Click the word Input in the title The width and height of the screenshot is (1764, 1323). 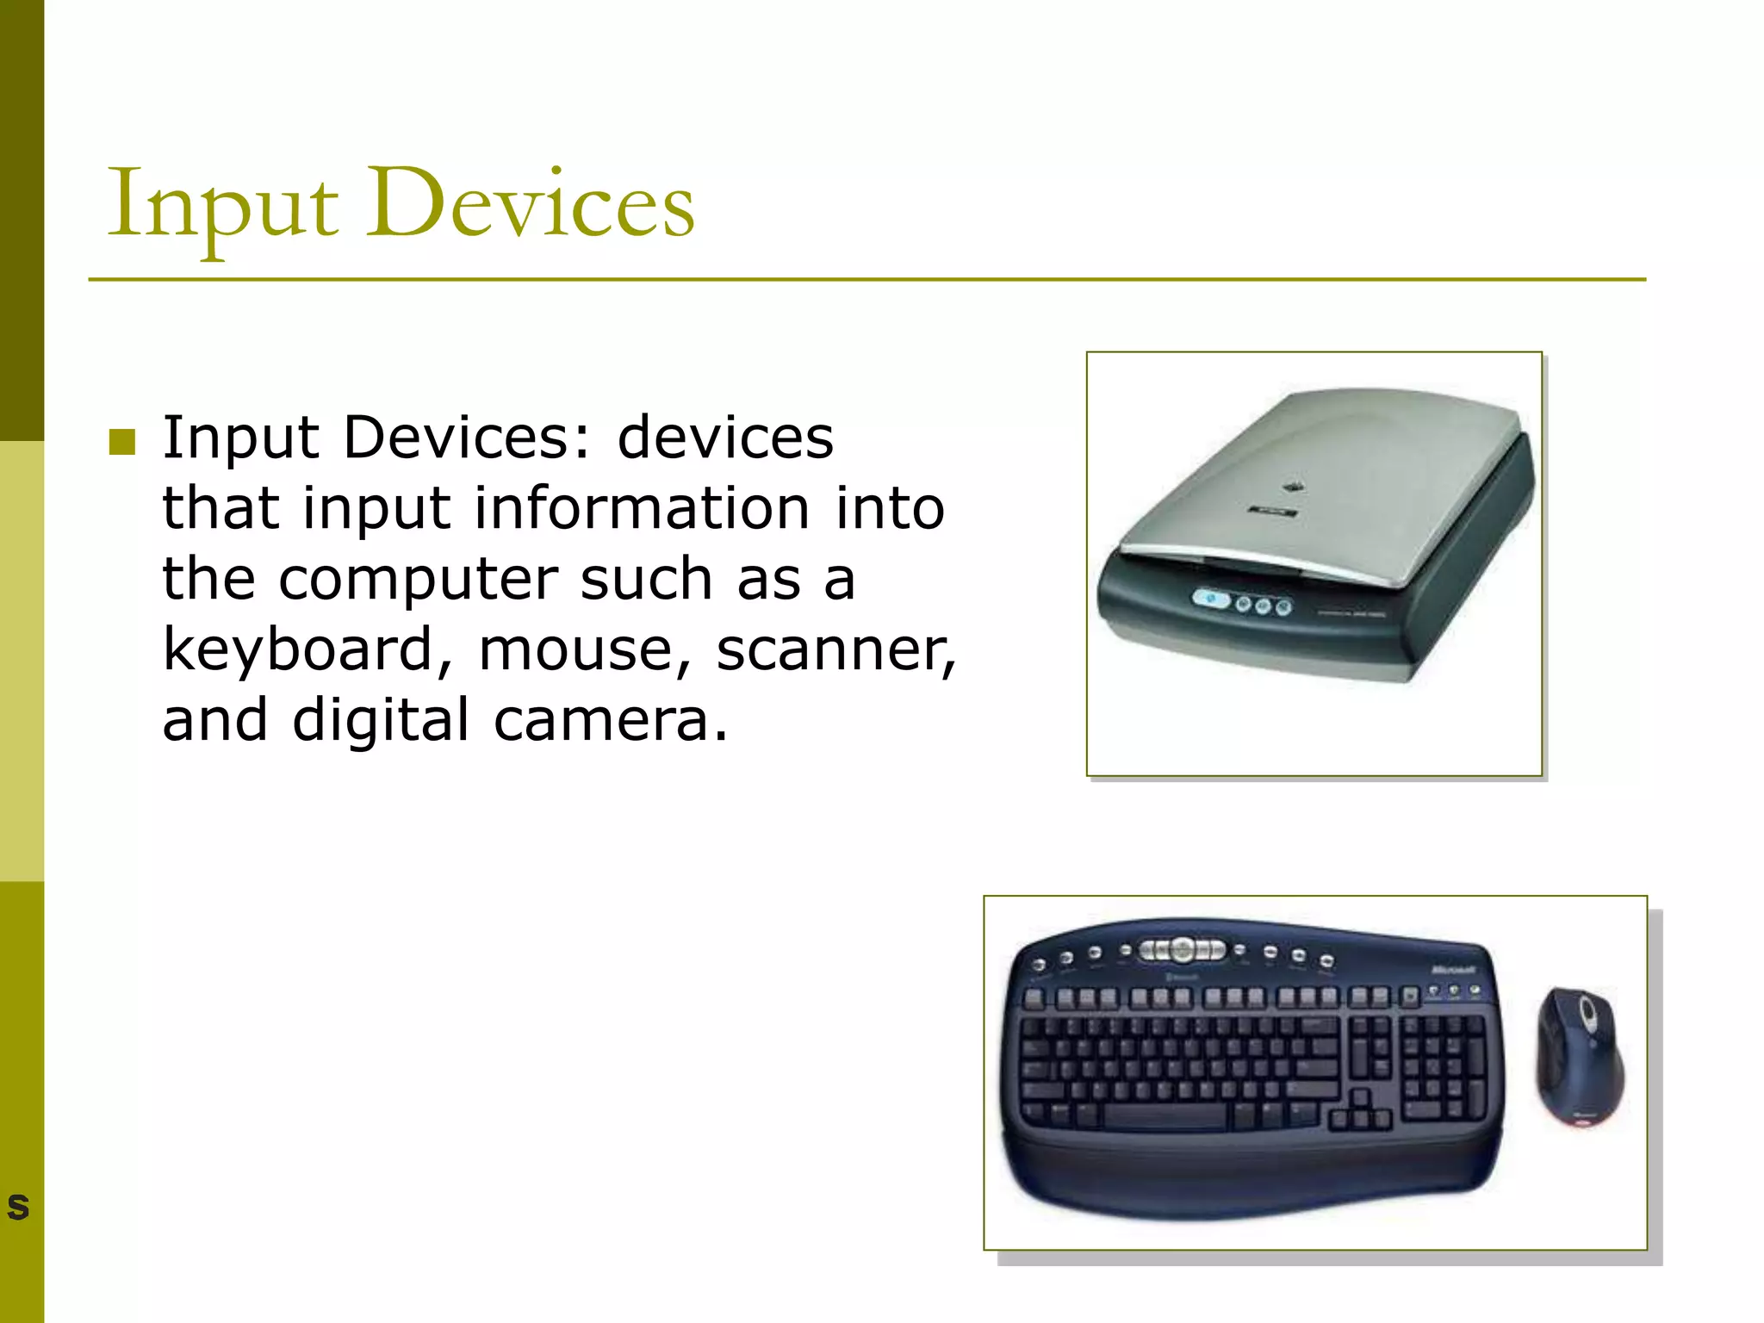(x=222, y=207)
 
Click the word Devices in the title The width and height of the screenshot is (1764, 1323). (x=530, y=207)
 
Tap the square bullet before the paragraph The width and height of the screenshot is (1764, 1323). (x=122, y=442)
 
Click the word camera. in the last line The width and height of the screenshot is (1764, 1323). (x=611, y=721)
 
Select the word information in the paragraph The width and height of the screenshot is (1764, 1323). (x=642, y=509)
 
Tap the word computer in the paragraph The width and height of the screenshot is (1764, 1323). (x=418, y=580)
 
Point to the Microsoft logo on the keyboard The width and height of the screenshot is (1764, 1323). (x=1453, y=970)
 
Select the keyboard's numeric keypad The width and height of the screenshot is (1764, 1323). (x=1443, y=1068)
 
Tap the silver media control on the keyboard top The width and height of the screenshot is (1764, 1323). (x=1183, y=949)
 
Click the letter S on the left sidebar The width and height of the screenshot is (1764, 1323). (x=18, y=1207)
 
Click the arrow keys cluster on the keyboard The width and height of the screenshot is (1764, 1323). (x=1360, y=1111)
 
